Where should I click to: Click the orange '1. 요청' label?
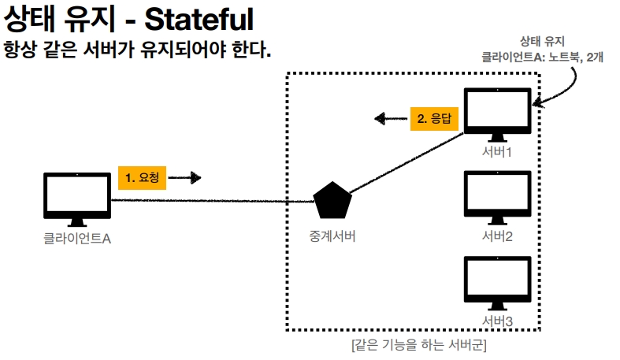(x=143, y=178)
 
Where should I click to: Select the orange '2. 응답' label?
(x=435, y=119)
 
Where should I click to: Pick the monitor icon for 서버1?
(x=498, y=113)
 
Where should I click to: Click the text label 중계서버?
(x=332, y=235)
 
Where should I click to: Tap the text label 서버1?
(x=498, y=151)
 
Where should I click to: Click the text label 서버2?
(x=498, y=236)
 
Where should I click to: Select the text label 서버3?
(x=498, y=321)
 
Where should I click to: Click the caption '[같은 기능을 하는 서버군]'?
(x=418, y=345)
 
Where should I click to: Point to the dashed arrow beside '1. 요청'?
(x=185, y=178)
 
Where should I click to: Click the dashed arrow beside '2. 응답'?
(x=390, y=119)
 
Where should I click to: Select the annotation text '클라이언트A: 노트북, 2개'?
(x=543, y=57)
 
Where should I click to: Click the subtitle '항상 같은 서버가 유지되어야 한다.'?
(x=138, y=50)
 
